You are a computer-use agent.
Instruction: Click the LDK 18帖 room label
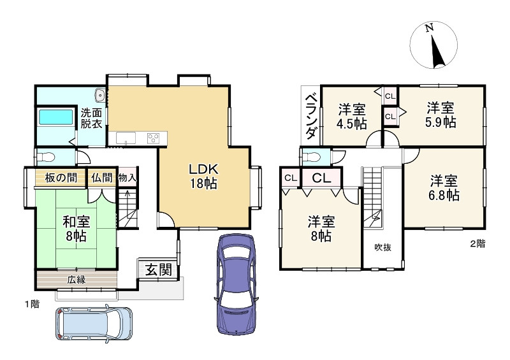203,176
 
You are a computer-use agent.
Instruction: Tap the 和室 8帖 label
76,229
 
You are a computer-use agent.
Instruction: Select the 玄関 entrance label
158,270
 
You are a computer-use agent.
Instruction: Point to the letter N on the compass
430,27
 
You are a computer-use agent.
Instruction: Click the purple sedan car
236,284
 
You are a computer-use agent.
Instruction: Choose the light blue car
94,323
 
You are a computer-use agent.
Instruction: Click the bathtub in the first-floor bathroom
56,117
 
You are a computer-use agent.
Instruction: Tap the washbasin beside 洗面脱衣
100,96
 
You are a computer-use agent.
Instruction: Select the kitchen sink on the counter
126,138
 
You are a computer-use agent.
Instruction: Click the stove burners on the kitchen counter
153,138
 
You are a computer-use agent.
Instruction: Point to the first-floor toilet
45,157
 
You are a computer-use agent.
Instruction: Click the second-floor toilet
311,157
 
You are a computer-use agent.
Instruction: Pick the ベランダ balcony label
311,117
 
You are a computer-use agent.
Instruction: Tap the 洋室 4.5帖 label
352,117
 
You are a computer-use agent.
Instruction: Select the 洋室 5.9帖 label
441,115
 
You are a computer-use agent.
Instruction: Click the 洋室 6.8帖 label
444,187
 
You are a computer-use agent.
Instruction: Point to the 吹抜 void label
383,247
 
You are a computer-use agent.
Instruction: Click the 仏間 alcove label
101,178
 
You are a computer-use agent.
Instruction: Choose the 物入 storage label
127,178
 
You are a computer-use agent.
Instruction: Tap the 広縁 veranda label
76,280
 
